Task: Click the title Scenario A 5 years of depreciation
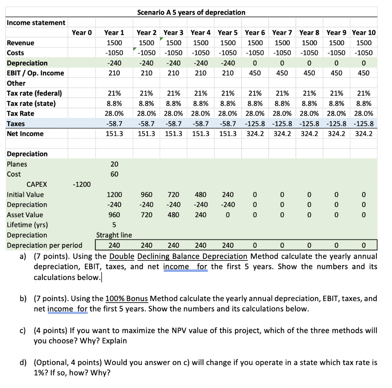pos(191,12)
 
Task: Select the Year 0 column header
pos(82,33)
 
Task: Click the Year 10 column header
pos(364,33)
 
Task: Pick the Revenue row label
pos(21,43)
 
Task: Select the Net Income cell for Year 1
pos(114,134)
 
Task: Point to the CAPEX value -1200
pos(82,185)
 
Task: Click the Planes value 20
pos(114,164)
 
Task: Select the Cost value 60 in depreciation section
pos(114,174)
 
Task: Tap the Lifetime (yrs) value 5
pos(114,225)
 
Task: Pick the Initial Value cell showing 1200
pos(114,195)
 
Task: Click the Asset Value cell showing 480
pos(173,215)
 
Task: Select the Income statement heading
pos(36,23)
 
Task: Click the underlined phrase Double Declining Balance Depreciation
pos(178,256)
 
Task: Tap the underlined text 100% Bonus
pos(127,298)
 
